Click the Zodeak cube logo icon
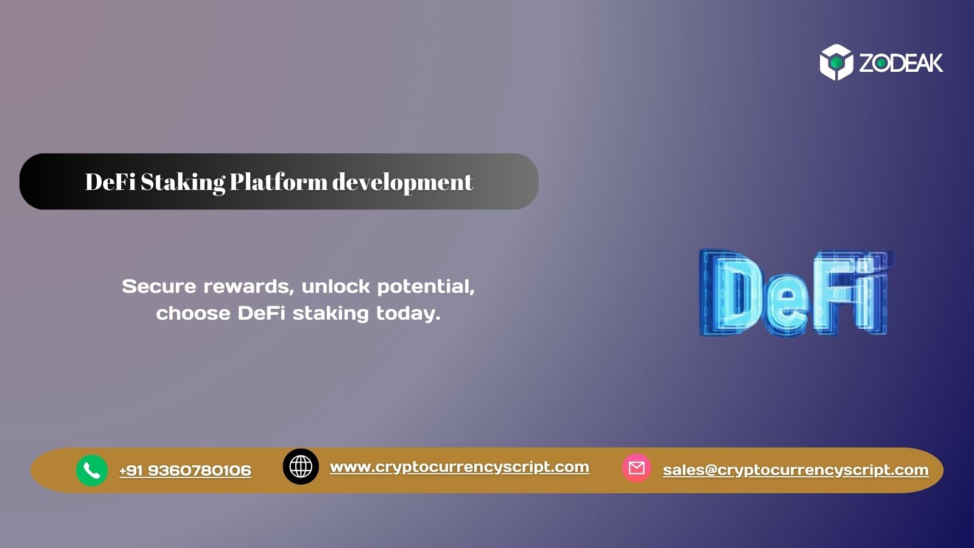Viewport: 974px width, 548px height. [836, 62]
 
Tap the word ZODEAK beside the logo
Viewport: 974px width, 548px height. [901, 63]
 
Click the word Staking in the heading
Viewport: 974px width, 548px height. [183, 182]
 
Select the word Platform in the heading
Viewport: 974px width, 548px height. [278, 182]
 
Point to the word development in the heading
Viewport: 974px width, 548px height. [402, 182]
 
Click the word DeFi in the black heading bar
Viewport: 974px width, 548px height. [110, 182]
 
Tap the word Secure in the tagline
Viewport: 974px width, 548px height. [158, 286]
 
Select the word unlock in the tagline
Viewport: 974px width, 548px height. [335, 286]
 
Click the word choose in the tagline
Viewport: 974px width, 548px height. [193, 313]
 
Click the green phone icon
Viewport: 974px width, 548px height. [92, 471]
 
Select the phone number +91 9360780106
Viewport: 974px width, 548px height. [185, 471]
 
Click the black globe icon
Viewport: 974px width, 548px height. [301, 467]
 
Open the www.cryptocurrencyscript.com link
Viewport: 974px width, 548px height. [460, 467]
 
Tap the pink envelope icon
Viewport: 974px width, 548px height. [637, 468]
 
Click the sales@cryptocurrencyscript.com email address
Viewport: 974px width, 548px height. [796, 470]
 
